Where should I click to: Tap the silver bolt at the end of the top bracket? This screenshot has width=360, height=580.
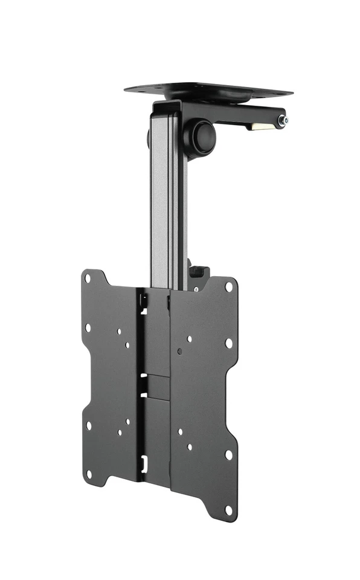(x=282, y=121)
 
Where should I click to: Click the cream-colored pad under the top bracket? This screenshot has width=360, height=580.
(x=260, y=126)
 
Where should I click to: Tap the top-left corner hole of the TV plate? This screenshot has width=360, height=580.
(x=88, y=279)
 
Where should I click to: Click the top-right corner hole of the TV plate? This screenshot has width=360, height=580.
(x=229, y=287)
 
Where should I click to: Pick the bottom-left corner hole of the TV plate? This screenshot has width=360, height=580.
(x=89, y=474)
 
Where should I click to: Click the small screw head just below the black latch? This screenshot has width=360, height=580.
(x=196, y=289)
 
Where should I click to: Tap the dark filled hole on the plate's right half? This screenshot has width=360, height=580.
(x=179, y=351)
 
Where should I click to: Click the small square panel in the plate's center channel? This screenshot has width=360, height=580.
(x=156, y=386)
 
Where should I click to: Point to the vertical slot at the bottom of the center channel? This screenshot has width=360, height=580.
(x=143, y=465)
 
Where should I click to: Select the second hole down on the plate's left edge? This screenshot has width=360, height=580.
(x=88, y=328)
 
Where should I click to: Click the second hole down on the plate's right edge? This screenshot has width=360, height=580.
(x=229, y=343)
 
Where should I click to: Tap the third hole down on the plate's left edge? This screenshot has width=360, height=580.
(x=88, y=425)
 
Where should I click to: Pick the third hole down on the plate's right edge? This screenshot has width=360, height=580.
(x=228, y=454)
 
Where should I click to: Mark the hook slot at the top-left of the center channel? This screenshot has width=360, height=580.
(x=143, y=300)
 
